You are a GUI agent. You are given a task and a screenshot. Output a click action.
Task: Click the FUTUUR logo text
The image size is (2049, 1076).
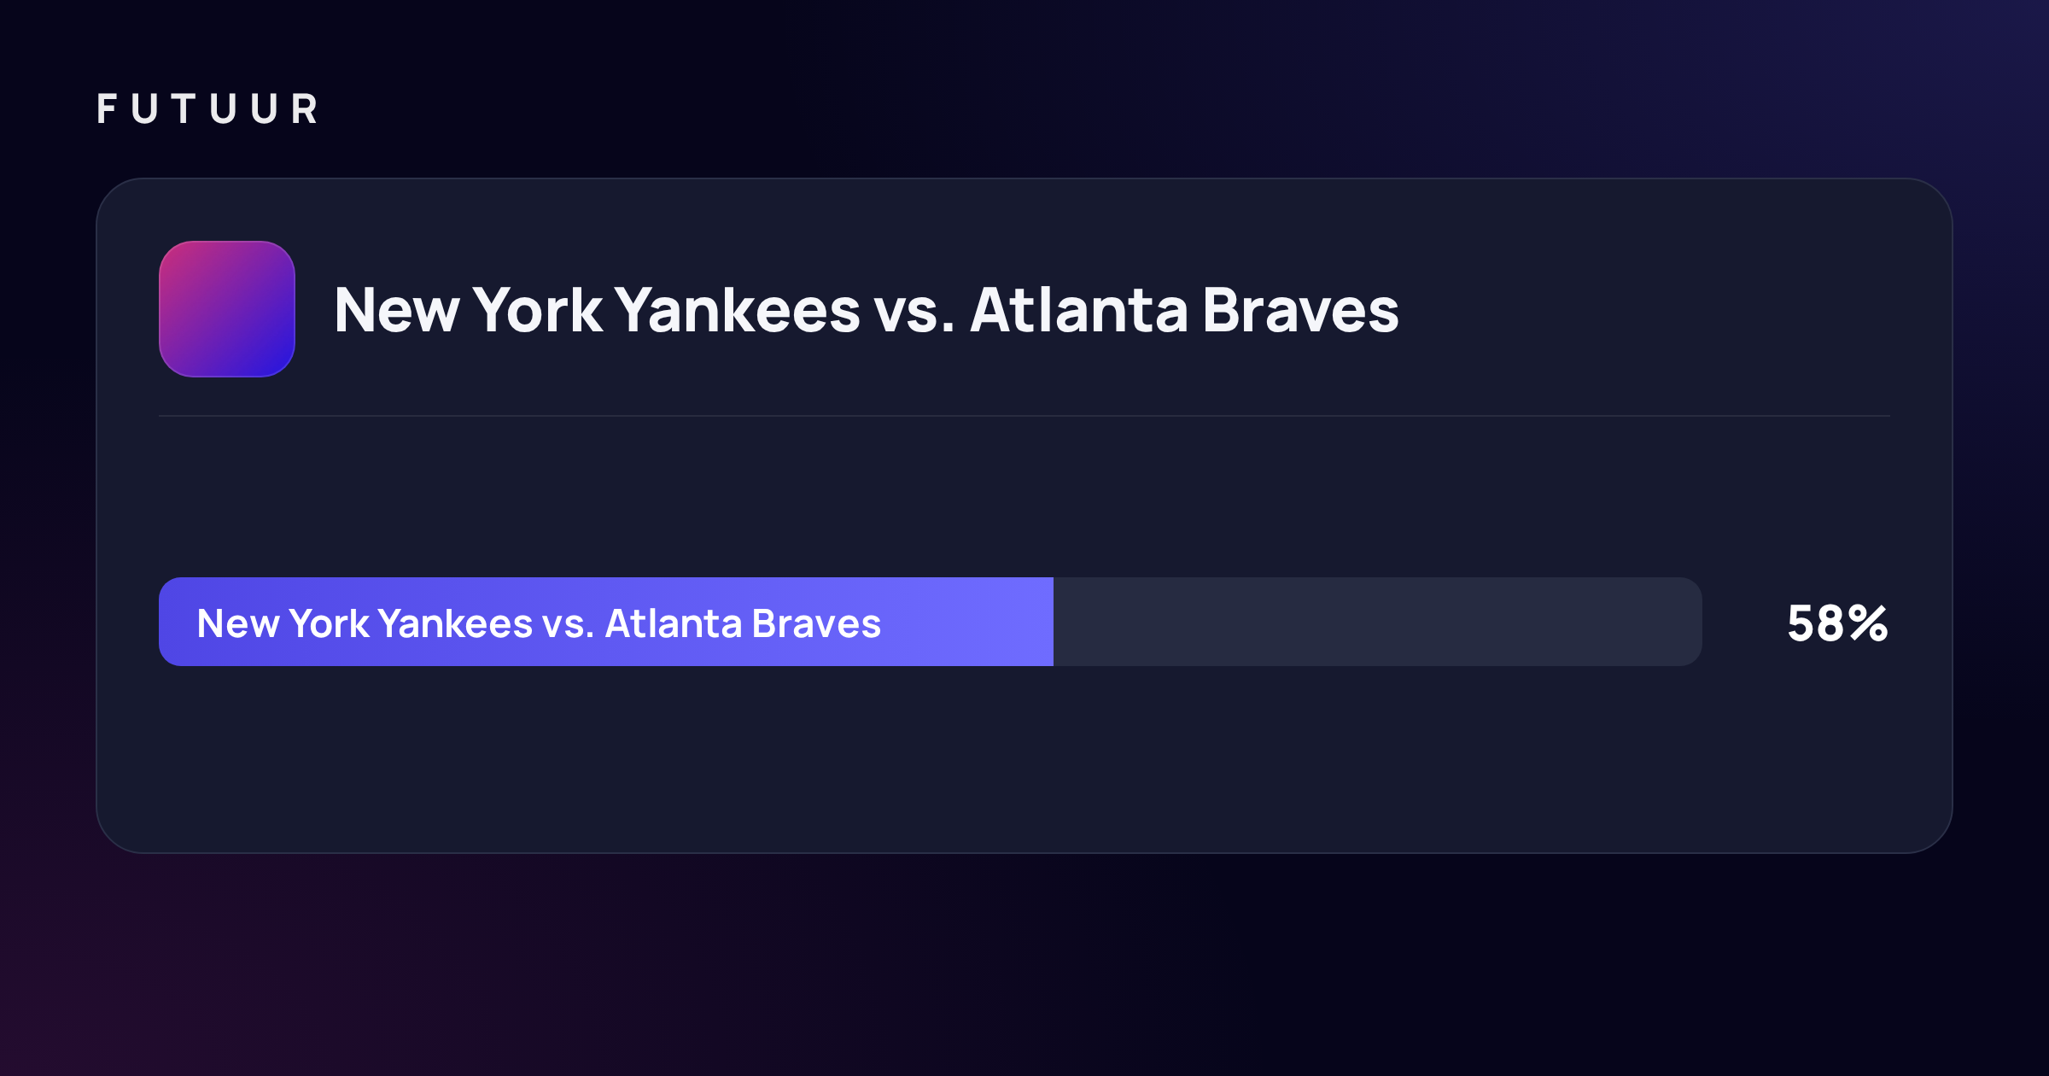pos(207,109)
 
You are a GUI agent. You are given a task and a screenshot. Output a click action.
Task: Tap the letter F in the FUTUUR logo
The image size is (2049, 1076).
pos(107,109)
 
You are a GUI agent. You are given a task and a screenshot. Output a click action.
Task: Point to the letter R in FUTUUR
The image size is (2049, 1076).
pos(305,109)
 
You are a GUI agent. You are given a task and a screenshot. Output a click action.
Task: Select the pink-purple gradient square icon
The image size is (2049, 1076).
pos(227,309)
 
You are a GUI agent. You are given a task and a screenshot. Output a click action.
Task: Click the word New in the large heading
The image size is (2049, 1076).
pos(397,310)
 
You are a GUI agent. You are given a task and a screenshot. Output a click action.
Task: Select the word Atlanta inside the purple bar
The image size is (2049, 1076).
pos(674,623)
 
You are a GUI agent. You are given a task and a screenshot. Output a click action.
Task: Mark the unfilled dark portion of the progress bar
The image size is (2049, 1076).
pos(1378,622)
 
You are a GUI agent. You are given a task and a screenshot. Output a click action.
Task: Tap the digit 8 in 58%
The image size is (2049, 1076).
pos(1831,623)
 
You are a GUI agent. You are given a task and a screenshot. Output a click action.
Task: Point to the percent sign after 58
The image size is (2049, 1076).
pos(1869,623)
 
